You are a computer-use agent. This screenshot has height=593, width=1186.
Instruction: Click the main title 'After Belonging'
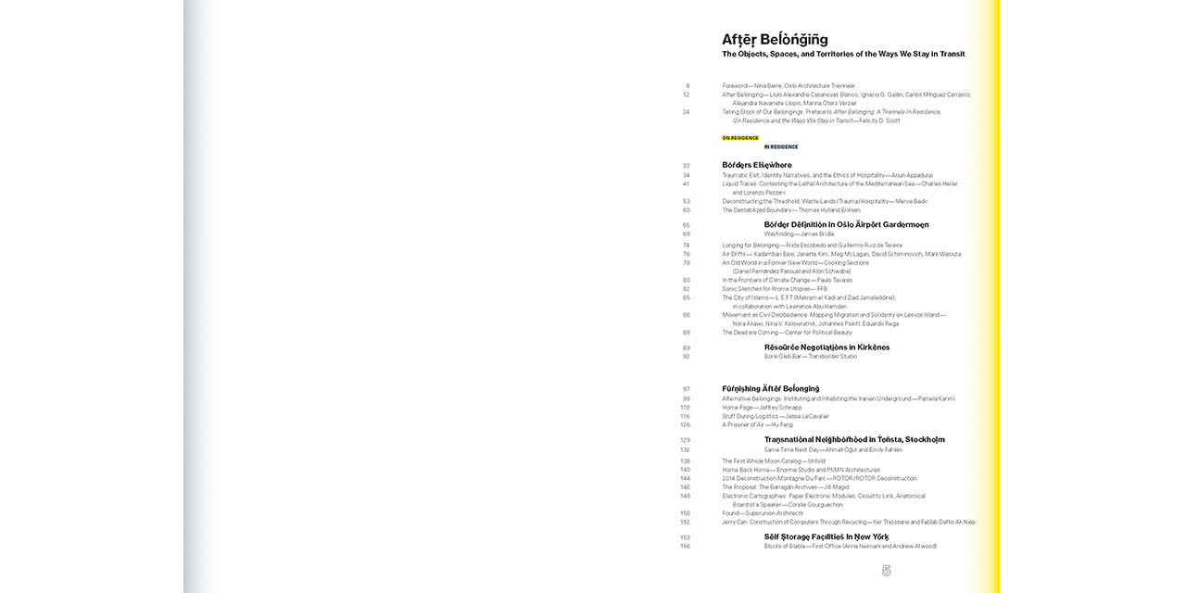coord(775,40)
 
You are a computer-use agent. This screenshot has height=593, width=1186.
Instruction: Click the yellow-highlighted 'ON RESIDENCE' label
coord(740,138)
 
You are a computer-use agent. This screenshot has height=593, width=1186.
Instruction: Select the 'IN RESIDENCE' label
coord(781,146)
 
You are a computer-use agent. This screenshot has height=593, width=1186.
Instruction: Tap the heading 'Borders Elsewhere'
coord(757,165)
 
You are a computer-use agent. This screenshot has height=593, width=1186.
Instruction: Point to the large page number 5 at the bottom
coord(886,571)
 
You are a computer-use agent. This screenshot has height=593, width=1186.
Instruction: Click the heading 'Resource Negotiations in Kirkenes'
coord(826,347)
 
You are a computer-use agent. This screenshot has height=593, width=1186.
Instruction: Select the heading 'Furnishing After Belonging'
coord(771,389)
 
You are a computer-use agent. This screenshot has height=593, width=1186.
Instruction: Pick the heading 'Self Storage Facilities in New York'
coord(826,536)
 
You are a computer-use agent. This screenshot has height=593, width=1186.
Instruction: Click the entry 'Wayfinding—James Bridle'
coord(799,233)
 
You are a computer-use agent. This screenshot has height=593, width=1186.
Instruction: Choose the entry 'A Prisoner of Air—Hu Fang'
coord(757,424)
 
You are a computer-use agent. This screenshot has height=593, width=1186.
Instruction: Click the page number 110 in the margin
coord(685,408)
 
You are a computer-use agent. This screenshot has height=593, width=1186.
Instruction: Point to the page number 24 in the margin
coord(686,112)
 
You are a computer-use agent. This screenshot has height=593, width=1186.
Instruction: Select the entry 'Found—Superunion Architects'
coord(763,512)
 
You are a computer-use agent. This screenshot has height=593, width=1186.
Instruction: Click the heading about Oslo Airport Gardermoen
coord(846,224)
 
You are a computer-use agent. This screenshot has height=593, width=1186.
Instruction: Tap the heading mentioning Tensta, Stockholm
coord(854,440)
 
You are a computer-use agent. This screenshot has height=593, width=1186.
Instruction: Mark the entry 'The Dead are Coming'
coord(787,333)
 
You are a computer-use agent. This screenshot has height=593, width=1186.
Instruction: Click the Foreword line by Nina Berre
coord(789,85)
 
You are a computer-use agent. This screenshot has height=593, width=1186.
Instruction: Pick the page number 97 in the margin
coord(686,389)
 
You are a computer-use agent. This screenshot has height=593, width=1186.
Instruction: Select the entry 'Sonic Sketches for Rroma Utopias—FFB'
coord(775,288)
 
